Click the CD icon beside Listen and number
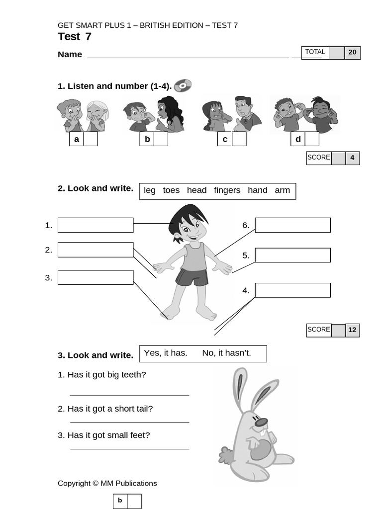(x=183, y=85)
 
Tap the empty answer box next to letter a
(x=91, y=139)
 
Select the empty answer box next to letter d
(x=312, y=139)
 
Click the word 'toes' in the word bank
(x=171, y=190)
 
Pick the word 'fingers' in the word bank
(x=227, y=190)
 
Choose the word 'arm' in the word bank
(x=282, y=190)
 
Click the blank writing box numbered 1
(x=95, y=225)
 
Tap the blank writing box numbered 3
(x=95, y=277)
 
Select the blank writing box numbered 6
(x=292, y=225)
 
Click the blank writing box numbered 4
(x=292, y=290)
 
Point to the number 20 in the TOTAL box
(x=352, y=52)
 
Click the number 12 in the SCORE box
(x=352, y=330)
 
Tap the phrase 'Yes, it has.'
(x=166, y=353)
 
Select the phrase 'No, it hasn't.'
(x=227, y=353)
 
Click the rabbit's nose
(x=261, y=422)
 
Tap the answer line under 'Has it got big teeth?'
(x=129, y=395)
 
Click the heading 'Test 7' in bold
(x=75, y=37)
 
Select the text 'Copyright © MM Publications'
(x=107, y=483)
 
